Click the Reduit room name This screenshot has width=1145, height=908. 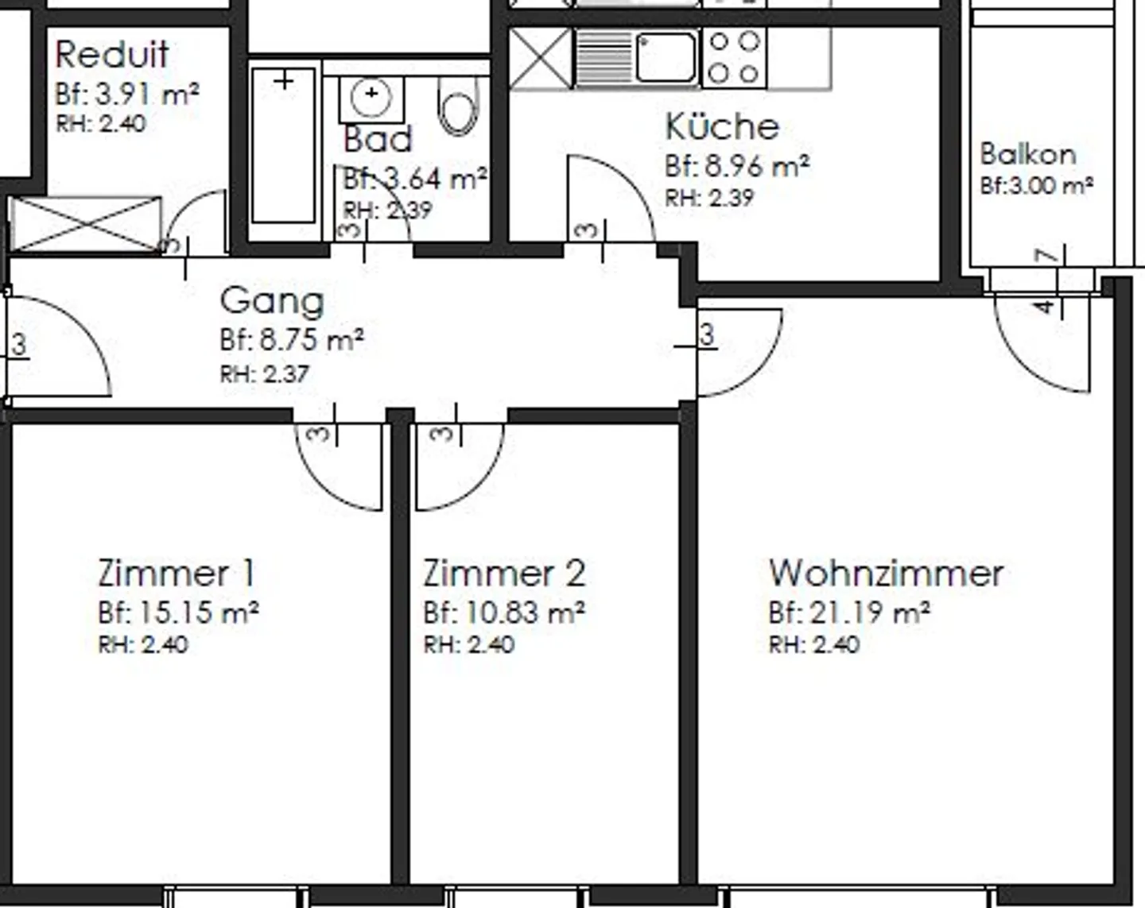[x=111, y=55]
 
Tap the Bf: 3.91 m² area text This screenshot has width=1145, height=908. [x=127, y=95]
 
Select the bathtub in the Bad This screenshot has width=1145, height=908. [x=283, y=146]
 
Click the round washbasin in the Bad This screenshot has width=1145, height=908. [x=371, y=96]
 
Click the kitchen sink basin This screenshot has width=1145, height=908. [x=666, y=56]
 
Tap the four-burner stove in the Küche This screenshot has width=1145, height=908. [x=734, y=57]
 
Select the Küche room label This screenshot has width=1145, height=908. [x=722, y=127]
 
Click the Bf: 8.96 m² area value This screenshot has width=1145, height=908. [x=737, y=166]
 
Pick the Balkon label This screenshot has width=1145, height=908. [x=1027, y=153]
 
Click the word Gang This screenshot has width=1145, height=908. [x=272, y=300]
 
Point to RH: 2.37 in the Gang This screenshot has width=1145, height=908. [x=264, y=374]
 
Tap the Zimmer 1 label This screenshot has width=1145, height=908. [x=177, y=573]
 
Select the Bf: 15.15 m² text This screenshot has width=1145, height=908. [x=178, y=612]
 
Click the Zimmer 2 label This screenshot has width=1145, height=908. [x=504, y=573]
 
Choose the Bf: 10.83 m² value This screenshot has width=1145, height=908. [x=504, y=612]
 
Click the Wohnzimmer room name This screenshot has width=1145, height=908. [x=886, y=573]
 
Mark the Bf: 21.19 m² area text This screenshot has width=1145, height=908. [x=849, y=612]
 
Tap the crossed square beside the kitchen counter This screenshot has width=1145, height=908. [x=540, y=58]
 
